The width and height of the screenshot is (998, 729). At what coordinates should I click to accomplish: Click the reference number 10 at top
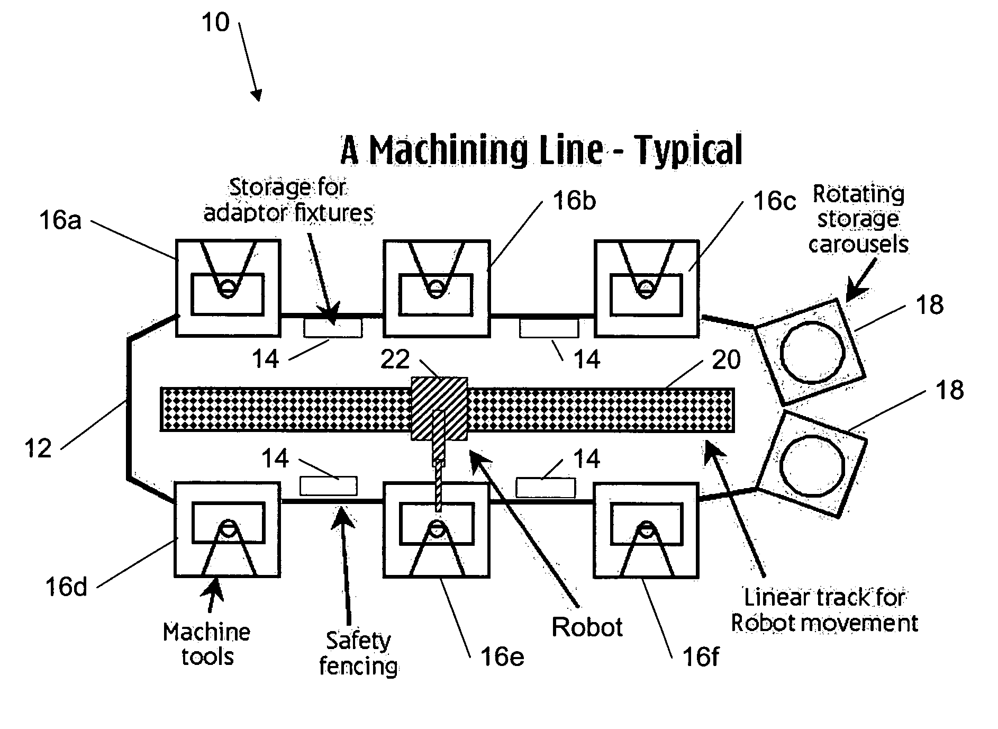click(x=215, y=23)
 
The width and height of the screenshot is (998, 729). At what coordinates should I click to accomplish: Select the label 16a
click(x=60, y=220)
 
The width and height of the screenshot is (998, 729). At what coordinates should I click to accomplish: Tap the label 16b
click(x=574, y=201)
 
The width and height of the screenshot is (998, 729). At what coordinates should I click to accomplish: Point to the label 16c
click(x=774, y=202)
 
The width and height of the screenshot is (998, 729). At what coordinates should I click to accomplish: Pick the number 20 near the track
click(x=726, y=361)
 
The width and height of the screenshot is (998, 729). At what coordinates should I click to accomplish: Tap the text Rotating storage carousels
click(x=858, y=219)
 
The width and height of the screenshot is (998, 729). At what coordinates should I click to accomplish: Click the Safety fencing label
click(x=358, y=653)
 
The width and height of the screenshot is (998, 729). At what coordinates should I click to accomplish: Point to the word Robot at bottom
click(x=587, y=627)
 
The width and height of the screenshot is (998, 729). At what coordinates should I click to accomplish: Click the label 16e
click(x=502, y=657)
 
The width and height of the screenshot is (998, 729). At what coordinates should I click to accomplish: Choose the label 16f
click(x=701, y=657)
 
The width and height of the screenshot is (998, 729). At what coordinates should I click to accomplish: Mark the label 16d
click(x=66, y=587)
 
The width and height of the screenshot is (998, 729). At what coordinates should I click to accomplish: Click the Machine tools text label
click(x=207, y=644)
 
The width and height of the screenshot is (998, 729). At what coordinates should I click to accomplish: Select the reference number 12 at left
click(x=38, y=449)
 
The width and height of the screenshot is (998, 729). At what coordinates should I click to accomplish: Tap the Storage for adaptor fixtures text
click(x=288, y=200)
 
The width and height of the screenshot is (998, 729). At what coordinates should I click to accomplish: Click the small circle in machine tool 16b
click(x=436, y=288)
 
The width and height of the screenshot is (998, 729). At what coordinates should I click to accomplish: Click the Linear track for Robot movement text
click(x=824, y=610)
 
